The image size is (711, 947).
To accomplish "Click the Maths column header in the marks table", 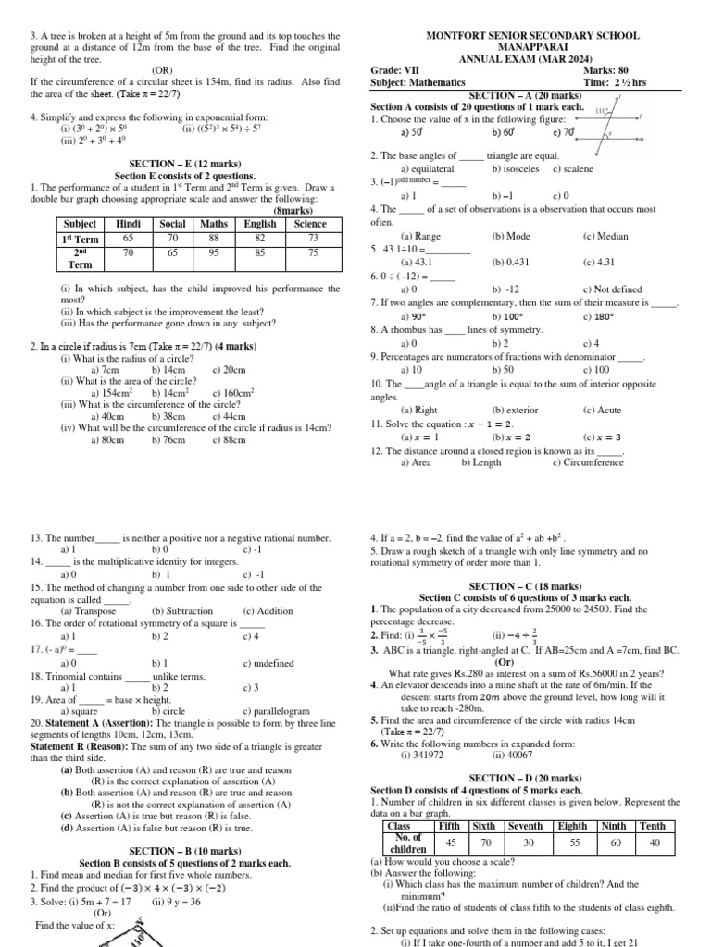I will (215, 223).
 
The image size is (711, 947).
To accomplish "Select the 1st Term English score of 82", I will (260, 238).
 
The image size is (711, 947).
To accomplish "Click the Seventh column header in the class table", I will (526, 826).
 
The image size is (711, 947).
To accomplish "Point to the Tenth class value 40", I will (655, 842).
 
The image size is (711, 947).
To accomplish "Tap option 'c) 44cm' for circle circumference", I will (229, 416).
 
